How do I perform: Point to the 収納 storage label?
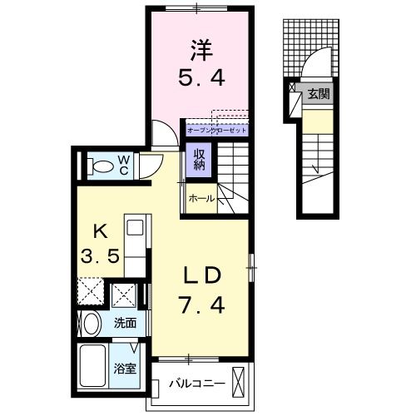201,158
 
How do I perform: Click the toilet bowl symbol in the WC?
97,166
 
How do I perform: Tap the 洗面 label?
126,323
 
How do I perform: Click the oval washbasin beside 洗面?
91,324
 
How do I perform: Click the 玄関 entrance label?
318,94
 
